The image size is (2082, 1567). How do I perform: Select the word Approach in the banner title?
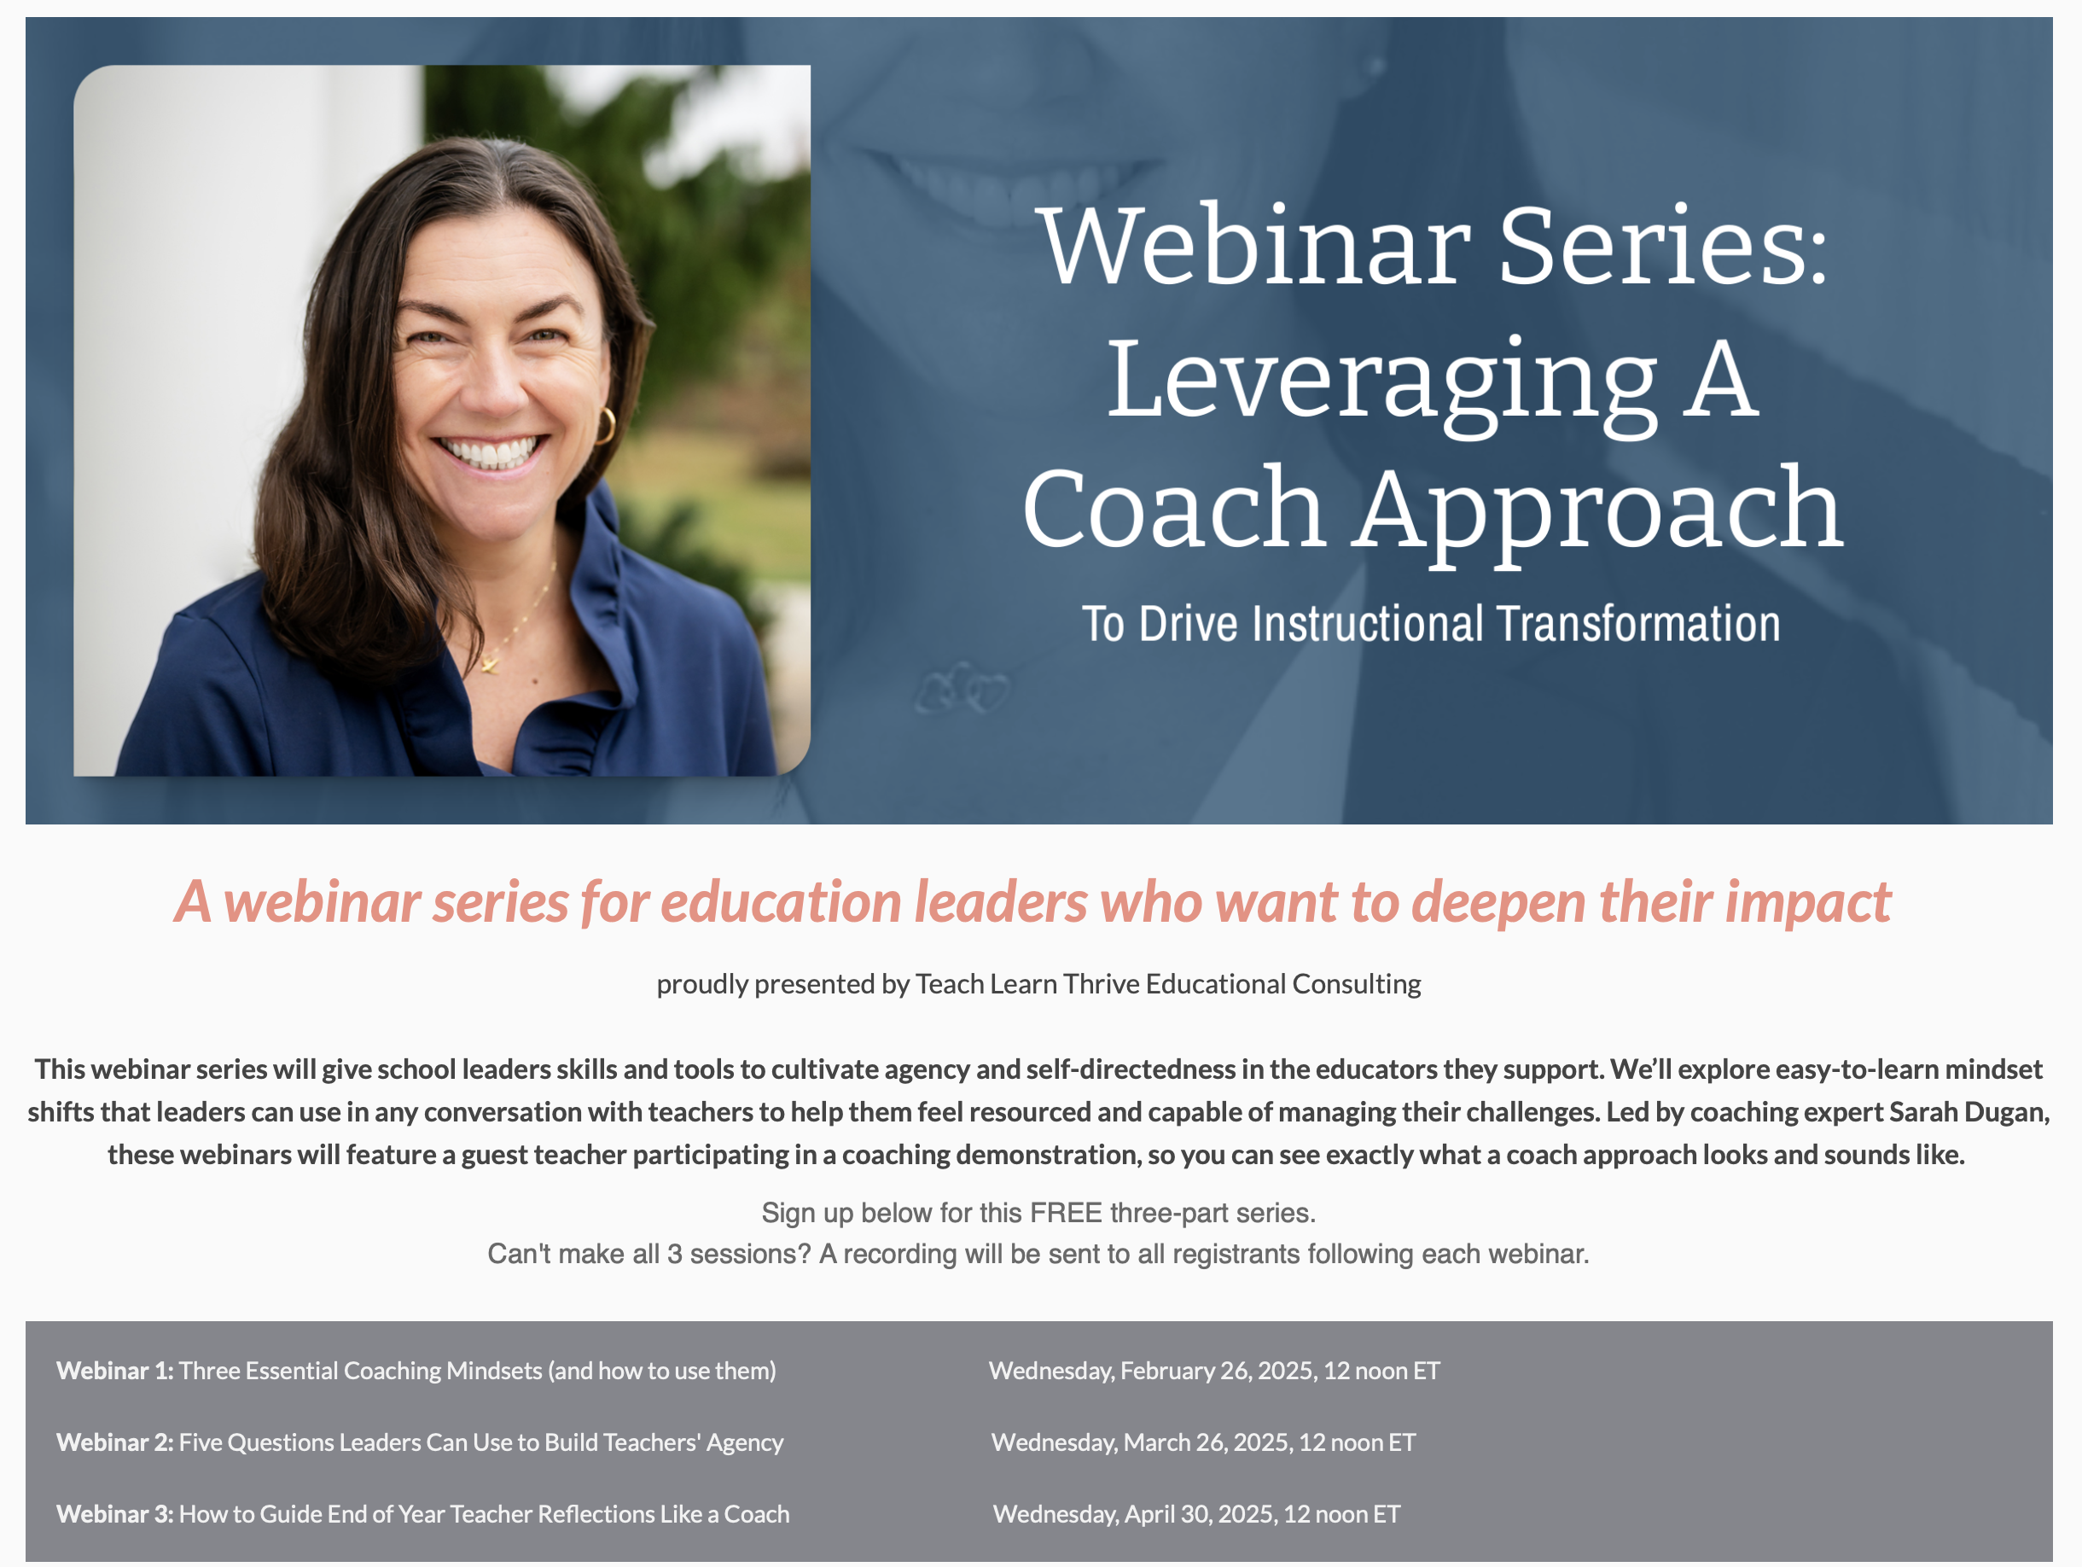coord(1597,513)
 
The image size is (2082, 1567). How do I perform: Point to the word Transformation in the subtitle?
coord(1638,623)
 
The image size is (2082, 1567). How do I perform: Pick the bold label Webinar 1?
coord(115,1370)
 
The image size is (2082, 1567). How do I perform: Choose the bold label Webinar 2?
coord(115,1442)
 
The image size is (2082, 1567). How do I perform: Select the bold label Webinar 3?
coord(115,1513)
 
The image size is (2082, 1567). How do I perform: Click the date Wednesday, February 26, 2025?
coord(1151,1370)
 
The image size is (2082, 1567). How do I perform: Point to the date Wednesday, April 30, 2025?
coord(1133,1513)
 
